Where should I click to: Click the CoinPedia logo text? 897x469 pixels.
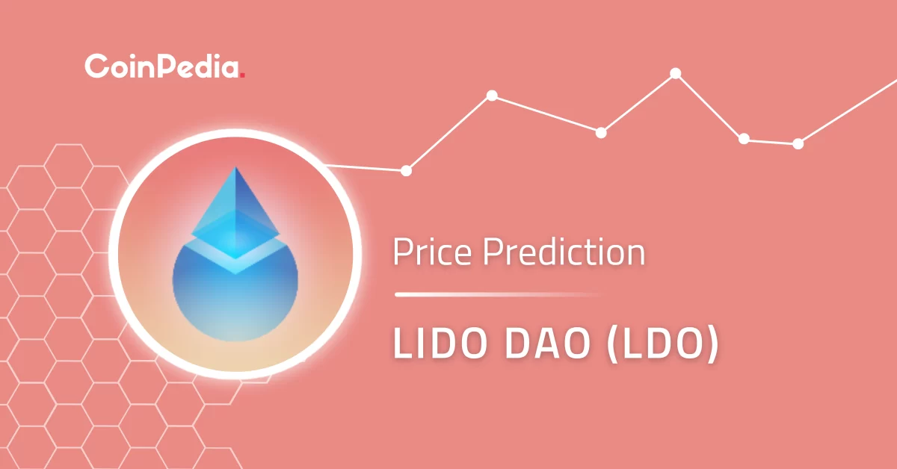(163, 66)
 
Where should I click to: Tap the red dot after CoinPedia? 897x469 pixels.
(243, 75)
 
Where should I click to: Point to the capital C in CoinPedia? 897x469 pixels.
(96, 66)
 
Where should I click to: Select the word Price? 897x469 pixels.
(433, 254)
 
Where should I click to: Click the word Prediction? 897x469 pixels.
(563, 254)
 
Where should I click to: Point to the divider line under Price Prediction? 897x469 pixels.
(497, 295)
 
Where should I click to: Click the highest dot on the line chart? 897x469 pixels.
(675, 73)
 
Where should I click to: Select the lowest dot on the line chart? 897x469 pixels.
(406, 170)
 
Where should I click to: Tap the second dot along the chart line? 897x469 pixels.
(492, 96)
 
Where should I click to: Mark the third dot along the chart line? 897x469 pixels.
(601, 132)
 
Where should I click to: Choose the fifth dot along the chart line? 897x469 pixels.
(744, 138)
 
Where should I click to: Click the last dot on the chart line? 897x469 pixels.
(798, 143)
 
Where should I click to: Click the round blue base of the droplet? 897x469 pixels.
(235, 302)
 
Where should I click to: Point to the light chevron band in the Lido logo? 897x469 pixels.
(235, 258)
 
